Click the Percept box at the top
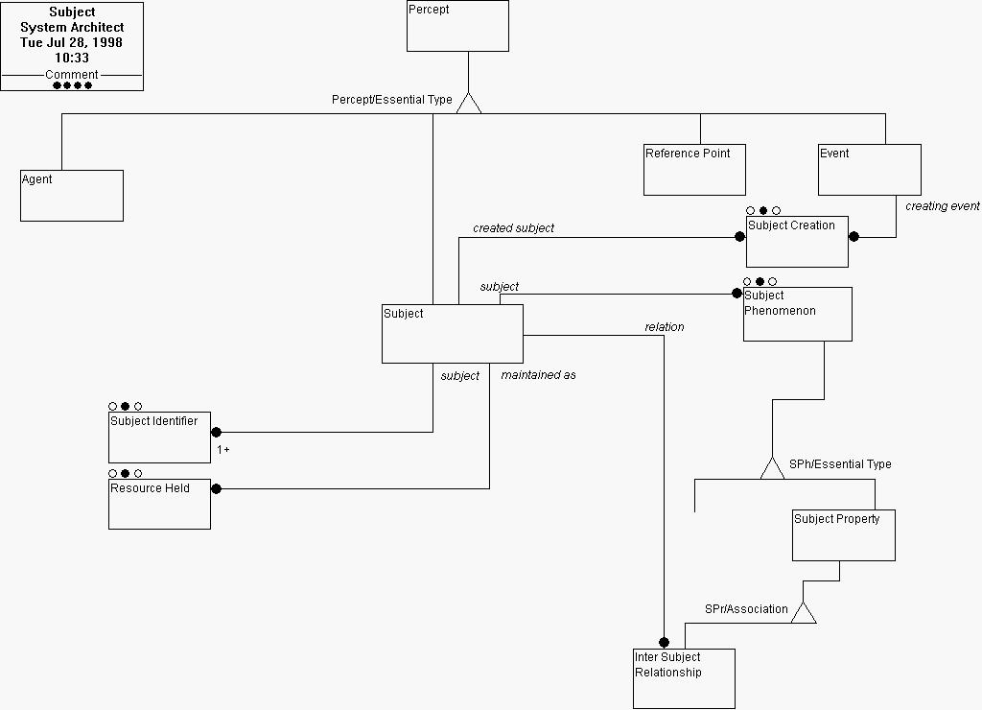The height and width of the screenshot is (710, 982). pyautogui.click(x=457, y=26)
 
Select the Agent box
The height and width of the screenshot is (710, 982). pyautogui.click(x=72, y=196)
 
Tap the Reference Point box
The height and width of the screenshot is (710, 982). pyautogui.click(x=694, y=170)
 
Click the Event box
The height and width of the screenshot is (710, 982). pyautogui.click(x=870, y=170)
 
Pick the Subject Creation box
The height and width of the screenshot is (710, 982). pyautogui.click(x=797, y=242)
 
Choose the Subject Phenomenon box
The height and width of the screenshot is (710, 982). pyautogui.click(x=797, y=314)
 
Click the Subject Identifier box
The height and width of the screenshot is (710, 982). pyautogui.click(x=159, y=438)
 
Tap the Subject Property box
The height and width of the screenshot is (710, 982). pyautogui.click(x=843, y=535)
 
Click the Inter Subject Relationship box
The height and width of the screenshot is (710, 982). pyautogui.click(x=684, y=678)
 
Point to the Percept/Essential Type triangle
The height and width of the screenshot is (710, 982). pyautogui.click(x=468, y=103)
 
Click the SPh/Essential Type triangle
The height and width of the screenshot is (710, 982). pyautogui.click(x=772, y=468)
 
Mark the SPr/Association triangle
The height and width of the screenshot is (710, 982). pyautogui.click(x=804, y=612)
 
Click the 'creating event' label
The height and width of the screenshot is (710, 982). pyautogui.click(x=942, y=206)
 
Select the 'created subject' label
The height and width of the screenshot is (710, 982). pyautogui.click(x=513, y=228)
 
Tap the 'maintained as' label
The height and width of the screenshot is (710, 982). pyautogui.click(x=538, y=375)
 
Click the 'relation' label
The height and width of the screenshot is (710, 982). pyautogui.click(x=664, y=327)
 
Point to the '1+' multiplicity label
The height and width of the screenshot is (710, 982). pyautogui.click(x=222, y=449)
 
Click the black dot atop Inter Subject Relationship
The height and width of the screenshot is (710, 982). pyautogui.click(x=663, y=643)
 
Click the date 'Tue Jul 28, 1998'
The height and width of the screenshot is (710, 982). pyautogui.click(x=72, y=43)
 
